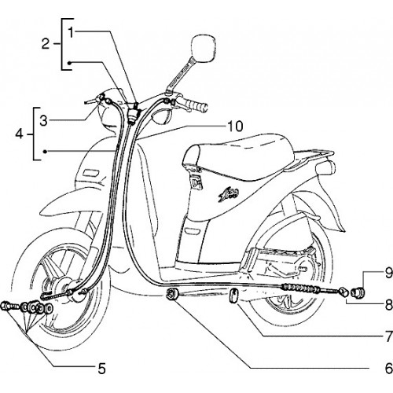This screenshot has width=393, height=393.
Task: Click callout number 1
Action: click(71, 32)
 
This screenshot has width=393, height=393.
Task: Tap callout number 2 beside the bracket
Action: click(46, 44)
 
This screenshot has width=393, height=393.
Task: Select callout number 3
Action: click(44, 121)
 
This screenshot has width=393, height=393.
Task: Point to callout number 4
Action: click(20, 134)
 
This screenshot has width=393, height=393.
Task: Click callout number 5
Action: click(101, 369)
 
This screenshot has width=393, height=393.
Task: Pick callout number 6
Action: click(388, 369)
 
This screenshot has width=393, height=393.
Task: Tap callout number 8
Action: click(388, 304)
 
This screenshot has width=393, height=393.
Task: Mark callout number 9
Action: click(388, 273)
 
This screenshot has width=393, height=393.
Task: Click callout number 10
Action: click(235, 126)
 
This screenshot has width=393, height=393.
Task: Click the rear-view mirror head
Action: click(204, 49)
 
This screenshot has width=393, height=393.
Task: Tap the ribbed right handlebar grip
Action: click(197, 105)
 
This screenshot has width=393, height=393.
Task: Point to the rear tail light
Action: click(325, 167)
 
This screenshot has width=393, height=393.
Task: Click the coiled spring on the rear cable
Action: click(299, 288)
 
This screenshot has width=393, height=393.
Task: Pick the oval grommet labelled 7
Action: click(233, 296)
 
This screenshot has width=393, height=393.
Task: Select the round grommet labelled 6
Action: click(172, 294)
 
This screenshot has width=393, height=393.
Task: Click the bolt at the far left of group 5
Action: click(8, 306)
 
